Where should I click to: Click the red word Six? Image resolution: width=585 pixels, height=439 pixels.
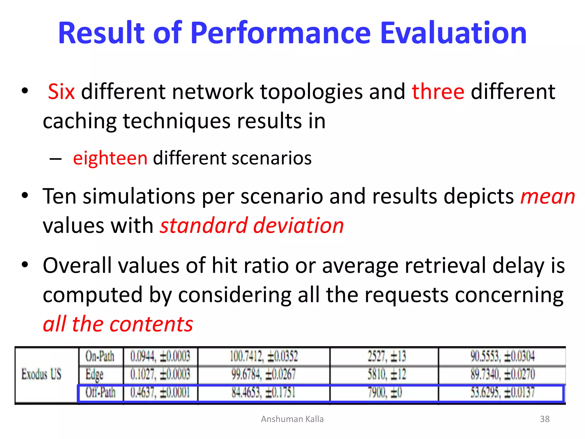click(x=61, y=92)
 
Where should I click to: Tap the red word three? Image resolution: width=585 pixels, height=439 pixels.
click(x=438, y=92)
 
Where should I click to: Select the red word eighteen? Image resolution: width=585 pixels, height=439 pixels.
click(x=110, y=158)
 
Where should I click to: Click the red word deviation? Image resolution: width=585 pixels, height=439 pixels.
click(x=298, y=226)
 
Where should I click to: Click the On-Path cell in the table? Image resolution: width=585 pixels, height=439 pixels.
click(x=100, y=356)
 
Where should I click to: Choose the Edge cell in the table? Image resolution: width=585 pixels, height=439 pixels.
click(x=95, y=374)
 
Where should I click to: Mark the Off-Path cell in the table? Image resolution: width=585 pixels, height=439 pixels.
click(x=101, y=392)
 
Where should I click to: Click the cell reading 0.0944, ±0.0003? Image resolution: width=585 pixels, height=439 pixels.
click(x=160, y=356)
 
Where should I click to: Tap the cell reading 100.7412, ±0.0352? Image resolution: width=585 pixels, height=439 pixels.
click(x=264, y=356)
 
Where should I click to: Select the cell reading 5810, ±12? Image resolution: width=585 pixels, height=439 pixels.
click(x=386, y=374)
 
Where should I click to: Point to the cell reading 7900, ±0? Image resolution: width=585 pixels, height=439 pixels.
click(x=385, y=392)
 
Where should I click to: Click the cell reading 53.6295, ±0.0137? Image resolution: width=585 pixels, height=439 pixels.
click(x=502, y=392)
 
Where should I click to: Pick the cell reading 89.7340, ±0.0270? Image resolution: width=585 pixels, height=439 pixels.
click(x=502, y=374)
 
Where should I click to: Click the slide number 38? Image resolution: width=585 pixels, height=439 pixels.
click(x=545, y=419)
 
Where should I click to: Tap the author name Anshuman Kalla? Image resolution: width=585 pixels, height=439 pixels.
click(x=292, y=419)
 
